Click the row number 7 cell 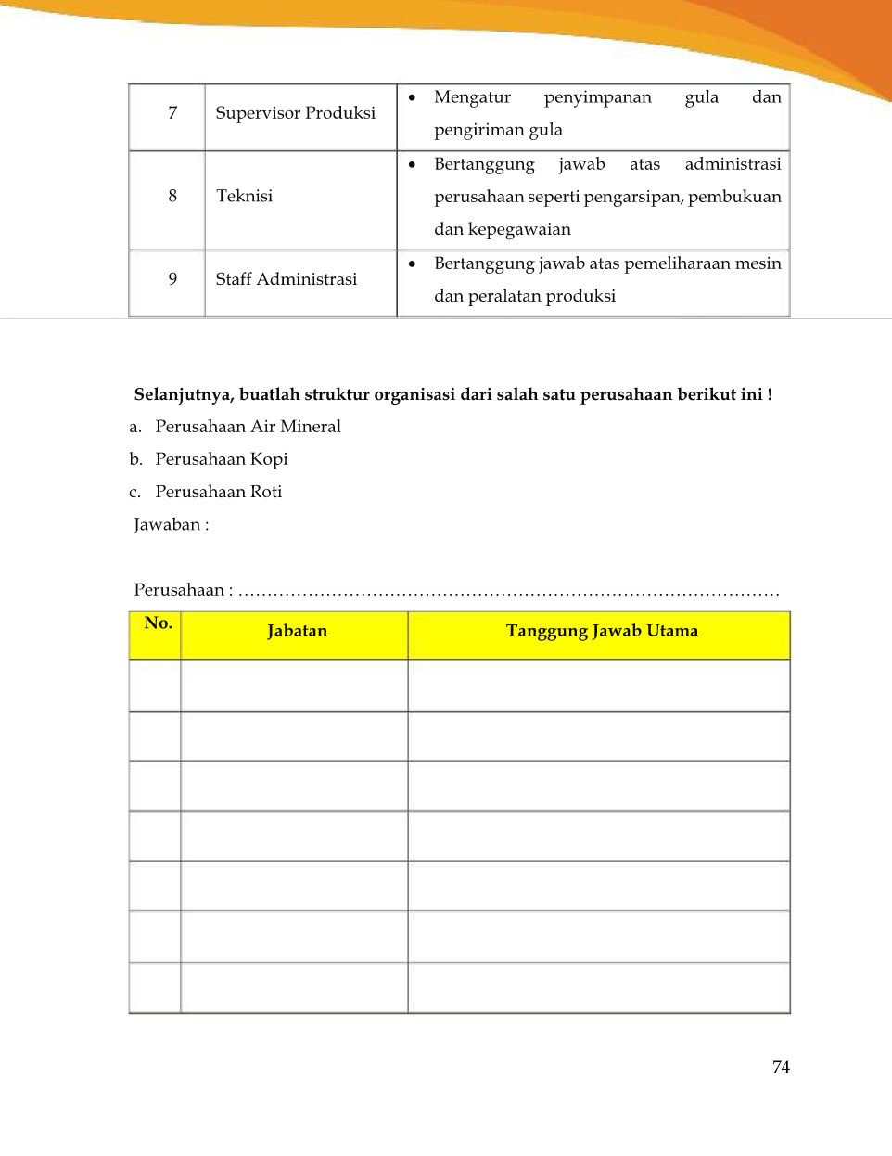click(172, 113)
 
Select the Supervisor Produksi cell click(295, 113)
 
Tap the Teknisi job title click(244, 196)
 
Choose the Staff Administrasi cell click(286, 279)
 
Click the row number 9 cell click(172, 279)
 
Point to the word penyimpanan click(597, 97)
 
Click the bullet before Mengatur click(412, 97)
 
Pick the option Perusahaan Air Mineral click(248, 427)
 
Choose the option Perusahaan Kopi click(222, 459)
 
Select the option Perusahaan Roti click(218, 492)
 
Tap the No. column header click(158, 623)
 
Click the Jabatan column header click(297, 631)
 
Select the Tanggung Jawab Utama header click(602, 631)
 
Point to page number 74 click(781, 1068)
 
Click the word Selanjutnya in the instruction click(183, 395)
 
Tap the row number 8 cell click(172, 196)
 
